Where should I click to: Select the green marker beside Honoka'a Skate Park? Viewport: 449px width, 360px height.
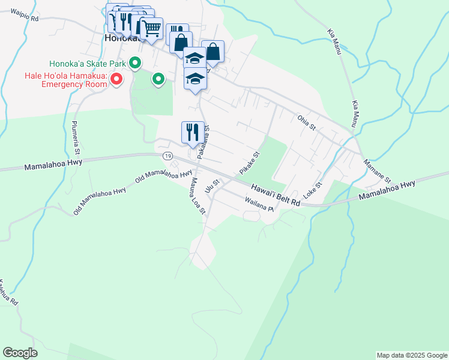[x=136, y=62]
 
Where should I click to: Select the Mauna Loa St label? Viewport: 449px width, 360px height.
[x=198, y=195]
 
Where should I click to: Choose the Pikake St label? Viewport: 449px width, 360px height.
[x=249, y=163]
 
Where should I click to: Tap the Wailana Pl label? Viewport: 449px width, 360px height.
[x=259, y=205]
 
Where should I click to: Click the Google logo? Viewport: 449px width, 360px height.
[x=20, y=353]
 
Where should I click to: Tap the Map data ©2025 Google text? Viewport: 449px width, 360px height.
[x=411, y=355]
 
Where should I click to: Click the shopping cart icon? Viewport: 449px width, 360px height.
[x=151, y=28]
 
